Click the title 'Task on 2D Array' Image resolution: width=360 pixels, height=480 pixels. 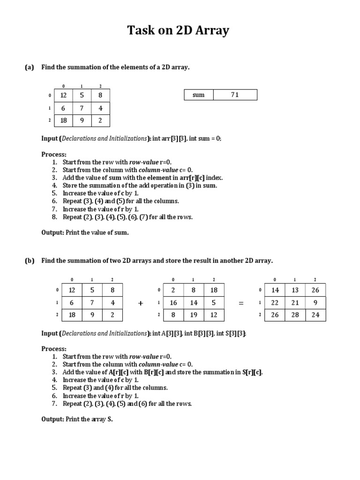click(179, 31)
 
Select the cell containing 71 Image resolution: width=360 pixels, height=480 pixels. click(235, 95)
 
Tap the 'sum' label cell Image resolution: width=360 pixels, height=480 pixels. click(198, 95)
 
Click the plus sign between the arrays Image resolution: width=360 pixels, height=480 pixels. click(141, 303)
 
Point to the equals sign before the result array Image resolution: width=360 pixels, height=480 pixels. click(241, 303)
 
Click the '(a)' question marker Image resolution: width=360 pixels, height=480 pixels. click(30, 67)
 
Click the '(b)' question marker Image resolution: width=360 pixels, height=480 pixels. click(30, 260)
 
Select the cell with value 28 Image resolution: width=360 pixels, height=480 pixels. click(295, 315)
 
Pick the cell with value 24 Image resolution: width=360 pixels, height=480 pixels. click(315, 315)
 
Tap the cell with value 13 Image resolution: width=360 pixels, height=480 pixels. click(295, 290)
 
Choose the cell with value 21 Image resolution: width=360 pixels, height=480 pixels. click(295, 302)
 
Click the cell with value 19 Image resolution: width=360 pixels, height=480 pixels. click(194, 315)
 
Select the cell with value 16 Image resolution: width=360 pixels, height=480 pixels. click(173, 302)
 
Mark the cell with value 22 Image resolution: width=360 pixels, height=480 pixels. click(275, 302)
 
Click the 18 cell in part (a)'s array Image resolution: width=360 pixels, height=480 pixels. click(64, 120)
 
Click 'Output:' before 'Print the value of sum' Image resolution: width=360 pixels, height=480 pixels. click(52, 232)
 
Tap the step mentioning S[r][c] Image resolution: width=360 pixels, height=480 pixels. click(163, 372)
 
